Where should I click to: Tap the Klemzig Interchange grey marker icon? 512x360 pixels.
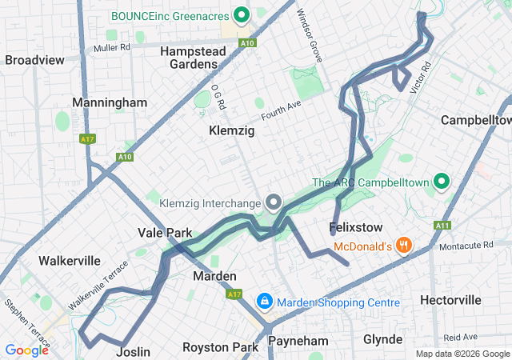point(274,202)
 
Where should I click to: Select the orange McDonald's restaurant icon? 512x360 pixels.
point(405,246)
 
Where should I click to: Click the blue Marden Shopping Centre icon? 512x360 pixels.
point(263,302)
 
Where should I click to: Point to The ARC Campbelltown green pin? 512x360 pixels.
point(440,182)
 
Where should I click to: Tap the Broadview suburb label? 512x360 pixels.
point(34,60)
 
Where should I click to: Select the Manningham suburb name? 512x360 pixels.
point(110,102)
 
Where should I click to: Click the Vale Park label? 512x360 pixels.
point(165,233)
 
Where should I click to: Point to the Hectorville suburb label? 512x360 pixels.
point(451,300)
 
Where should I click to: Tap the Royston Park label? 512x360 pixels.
point(221,347)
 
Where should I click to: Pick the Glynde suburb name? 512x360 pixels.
point(382,339)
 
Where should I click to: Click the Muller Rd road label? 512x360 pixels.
point(111,48)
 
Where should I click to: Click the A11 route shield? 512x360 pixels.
point(442,226)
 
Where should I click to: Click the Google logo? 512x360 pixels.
point(26,350)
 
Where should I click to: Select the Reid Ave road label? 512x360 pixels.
point(461,337)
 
